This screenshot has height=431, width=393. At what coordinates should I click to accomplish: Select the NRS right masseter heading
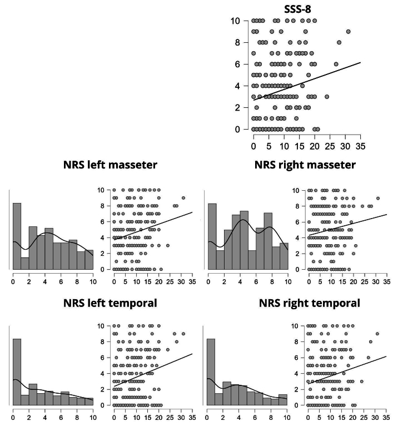tap(305, 165)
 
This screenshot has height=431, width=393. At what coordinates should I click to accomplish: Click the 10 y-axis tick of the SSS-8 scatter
tap(235, 21)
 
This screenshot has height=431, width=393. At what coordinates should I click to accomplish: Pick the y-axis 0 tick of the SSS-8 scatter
tap(237, 129)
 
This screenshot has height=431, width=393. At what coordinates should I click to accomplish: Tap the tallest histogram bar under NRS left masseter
tap(17, 236)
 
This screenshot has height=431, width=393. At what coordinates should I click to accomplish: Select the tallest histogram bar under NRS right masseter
tap(212, 236)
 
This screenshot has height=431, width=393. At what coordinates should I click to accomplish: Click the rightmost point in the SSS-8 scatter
tap(349, 32)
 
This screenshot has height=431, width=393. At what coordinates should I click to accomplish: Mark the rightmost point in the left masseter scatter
tap(183, 198)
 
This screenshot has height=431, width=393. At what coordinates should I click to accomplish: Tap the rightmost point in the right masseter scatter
tap(378, 198)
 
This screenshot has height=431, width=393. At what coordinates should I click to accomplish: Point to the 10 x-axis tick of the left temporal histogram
tap(92, 416)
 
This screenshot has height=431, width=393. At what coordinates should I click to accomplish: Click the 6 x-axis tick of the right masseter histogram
tap(255, 280)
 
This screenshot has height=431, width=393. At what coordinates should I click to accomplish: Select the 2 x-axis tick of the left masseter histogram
tap(29, 280)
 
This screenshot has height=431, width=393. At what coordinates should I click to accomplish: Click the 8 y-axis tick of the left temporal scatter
tap(101, 342)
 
